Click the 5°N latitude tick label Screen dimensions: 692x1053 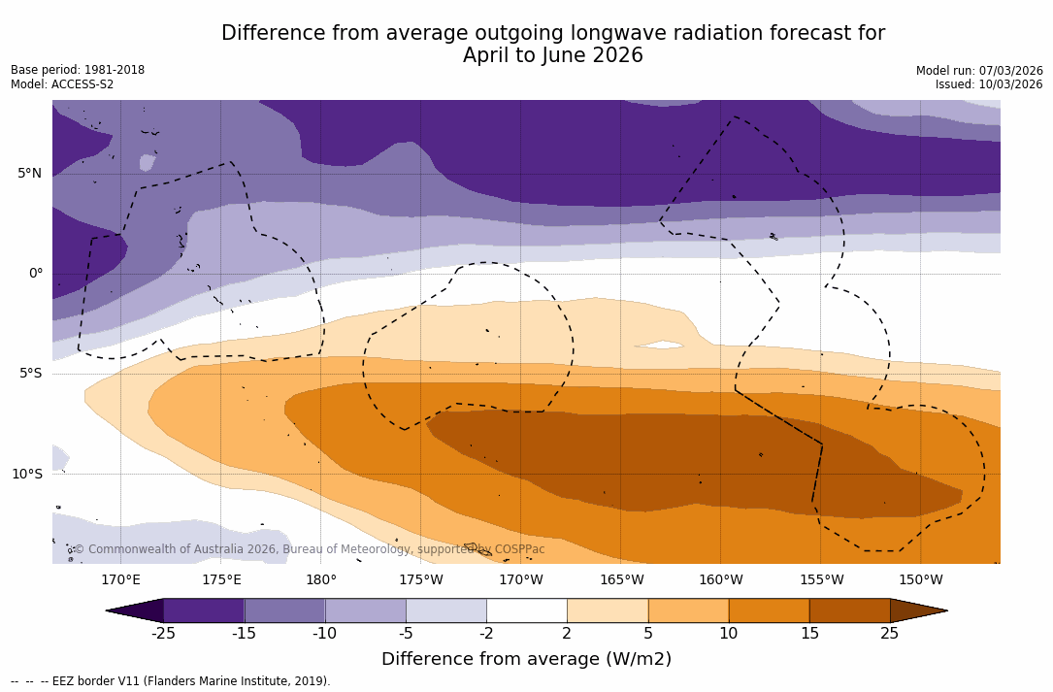click(29, 174)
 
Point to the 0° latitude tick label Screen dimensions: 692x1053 click(35, 274)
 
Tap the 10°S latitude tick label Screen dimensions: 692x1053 click(27, 475)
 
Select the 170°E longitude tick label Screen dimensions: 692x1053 click(120, 580)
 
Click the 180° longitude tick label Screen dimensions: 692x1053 click(321, 580)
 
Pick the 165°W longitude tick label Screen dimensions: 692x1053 click(621, 580)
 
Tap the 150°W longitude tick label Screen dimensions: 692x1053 click(920, 580)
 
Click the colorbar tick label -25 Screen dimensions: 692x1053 click(163, 634)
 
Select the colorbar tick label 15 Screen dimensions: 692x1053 click(808, 634)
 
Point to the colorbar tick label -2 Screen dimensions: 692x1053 click(486, 634)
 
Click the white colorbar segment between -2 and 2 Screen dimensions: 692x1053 click(527, 610)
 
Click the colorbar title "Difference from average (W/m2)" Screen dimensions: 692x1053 click(526, 659)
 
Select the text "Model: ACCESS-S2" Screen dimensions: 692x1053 click(62, 84)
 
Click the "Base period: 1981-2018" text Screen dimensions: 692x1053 click(78, 70)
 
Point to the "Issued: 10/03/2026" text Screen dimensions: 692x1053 click(989, 84)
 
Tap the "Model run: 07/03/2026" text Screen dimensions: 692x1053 click(979, 71)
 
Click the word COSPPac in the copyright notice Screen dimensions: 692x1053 click(519, 549)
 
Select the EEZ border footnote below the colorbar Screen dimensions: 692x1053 click(170, 681)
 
